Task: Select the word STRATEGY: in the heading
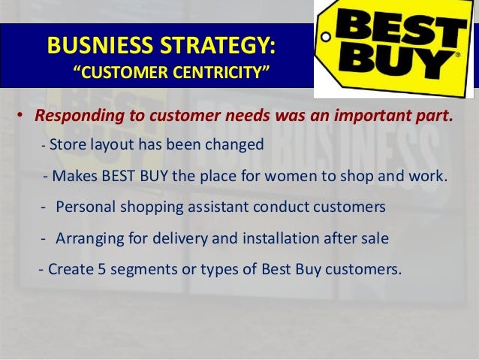pyautogui.click(x=215, y=44)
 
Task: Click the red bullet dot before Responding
pyautogui.click(x=23, y=118)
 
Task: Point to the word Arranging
pyautogui.click(x=89, y=239)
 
